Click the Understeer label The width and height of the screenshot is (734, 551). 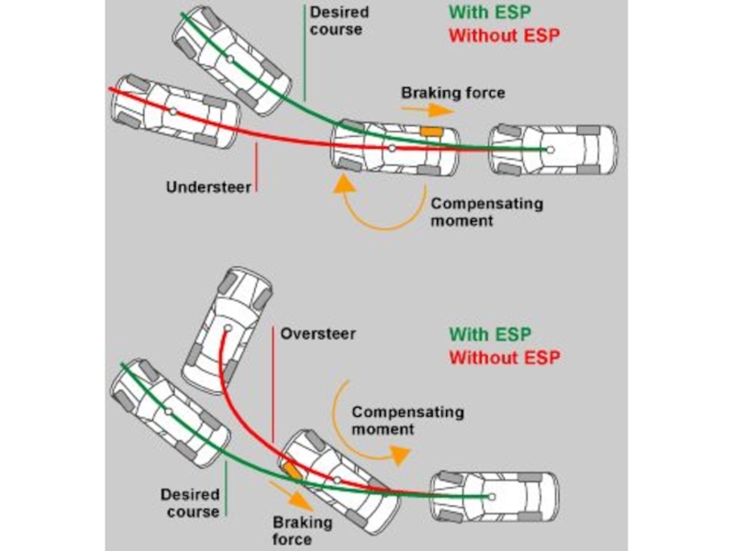point(209,186)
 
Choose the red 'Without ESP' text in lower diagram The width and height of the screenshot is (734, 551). point(504,356)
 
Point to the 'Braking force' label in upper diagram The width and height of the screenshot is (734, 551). point(453,93)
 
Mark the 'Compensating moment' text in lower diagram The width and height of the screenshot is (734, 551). point(407,421)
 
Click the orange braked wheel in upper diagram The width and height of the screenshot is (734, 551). point(430,132)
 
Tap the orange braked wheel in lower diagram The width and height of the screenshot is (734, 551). point(292,472)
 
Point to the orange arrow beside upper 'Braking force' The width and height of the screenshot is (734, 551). point(428,108)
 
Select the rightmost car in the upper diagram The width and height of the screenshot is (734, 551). point(552,149)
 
